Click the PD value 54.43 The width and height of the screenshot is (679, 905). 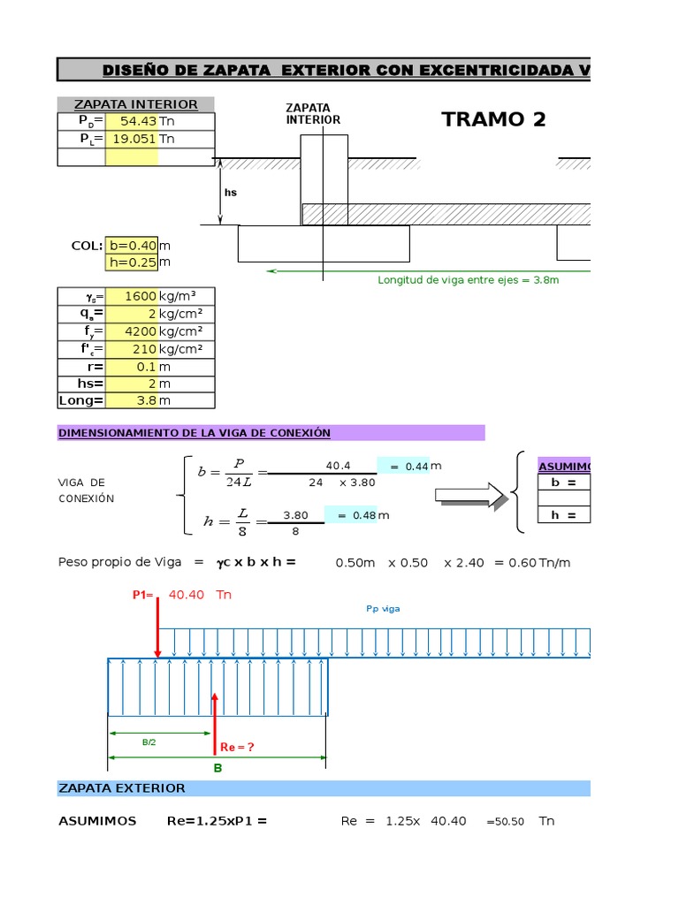pos(139,121)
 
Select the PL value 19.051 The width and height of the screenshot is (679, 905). pos(134,139)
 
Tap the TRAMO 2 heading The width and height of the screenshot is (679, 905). pos(493,119)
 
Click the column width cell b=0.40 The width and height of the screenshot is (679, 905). pos(133,246)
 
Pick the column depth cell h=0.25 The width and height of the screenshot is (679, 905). pos(133,262)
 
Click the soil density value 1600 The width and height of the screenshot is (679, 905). pos(141,296)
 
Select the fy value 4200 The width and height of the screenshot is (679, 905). pos(141,331)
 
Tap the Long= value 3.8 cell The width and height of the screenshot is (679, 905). pos(147,400)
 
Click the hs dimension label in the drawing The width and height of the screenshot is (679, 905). pos(231,193)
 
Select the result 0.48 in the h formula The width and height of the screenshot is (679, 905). pos(364,515)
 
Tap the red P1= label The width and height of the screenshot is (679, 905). pos(142,595)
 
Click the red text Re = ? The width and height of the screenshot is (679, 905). pos(237,747)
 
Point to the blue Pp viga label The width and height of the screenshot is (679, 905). pos(383,609)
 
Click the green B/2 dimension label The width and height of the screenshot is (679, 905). pos(149,742)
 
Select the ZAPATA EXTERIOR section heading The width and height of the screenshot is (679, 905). pos(122,788)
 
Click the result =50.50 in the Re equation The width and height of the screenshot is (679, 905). pos(505,822)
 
